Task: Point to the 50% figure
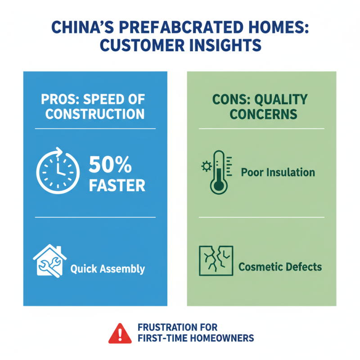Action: pyautogui.click(x=110, y=166)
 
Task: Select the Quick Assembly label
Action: pyautogui.click(x=108, y=269)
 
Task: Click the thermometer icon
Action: pyautogui.click(x=219, y=172)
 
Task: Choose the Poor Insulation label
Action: pyautogui.click(x=278, y=172)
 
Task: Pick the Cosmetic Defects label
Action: pyautogui.click(x=280, y=267)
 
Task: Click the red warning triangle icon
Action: pyautogui.click(x=118, y=333)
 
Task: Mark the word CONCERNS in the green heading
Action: pyautogui.click(x=263, y=114)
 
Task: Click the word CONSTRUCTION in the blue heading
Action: pyautogui.click(x=95, y=114)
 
